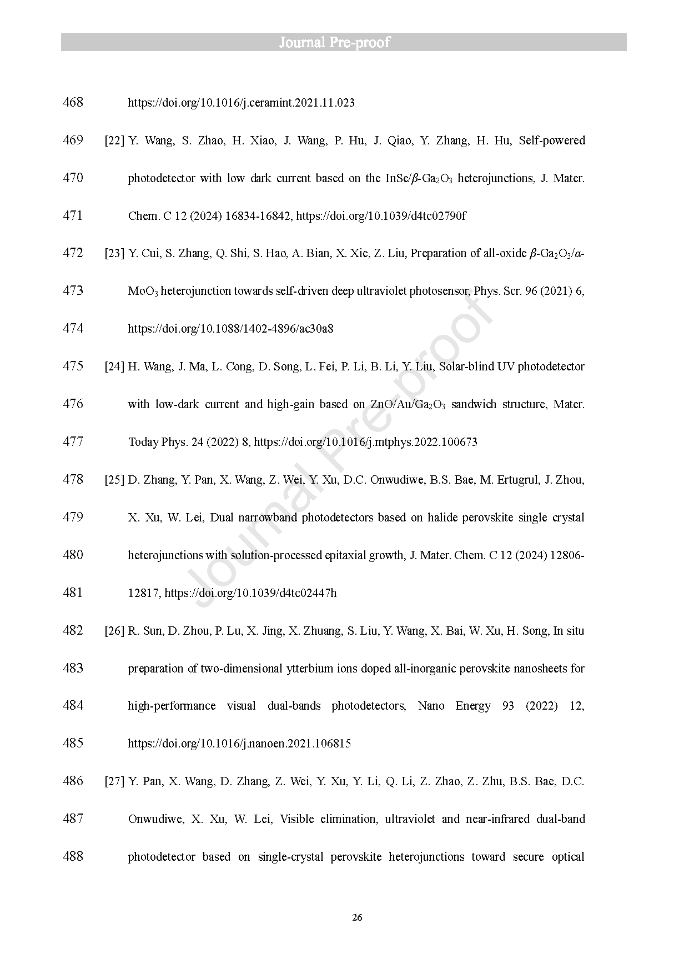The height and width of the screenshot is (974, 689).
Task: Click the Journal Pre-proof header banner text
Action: pos(335,42)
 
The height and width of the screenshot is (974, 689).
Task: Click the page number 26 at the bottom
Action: pos(357,917)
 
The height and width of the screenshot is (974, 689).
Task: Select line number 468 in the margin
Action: pos(73,102)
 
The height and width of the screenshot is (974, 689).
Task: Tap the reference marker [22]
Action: pos(114,140)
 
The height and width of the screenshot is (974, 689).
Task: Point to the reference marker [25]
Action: pos(114,480)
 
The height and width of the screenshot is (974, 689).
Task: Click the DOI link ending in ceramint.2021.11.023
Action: pos(241,103)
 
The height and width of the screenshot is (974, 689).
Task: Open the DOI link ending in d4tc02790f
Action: pos(381,216)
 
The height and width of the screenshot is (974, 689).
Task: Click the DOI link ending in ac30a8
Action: pos(230,329)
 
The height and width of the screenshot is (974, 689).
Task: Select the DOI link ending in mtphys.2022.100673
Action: pos(365,442)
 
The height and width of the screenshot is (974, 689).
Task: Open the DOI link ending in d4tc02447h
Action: pos(250,593)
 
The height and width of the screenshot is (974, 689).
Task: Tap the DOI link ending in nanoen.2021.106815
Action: pos(239,744)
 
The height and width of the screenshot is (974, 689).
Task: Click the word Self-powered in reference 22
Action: pos(552,140)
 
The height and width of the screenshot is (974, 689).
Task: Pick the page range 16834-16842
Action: pos(258,216)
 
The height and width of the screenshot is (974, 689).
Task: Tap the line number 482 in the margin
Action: pos(73,630)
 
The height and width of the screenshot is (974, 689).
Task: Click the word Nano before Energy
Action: pos(431,706)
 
